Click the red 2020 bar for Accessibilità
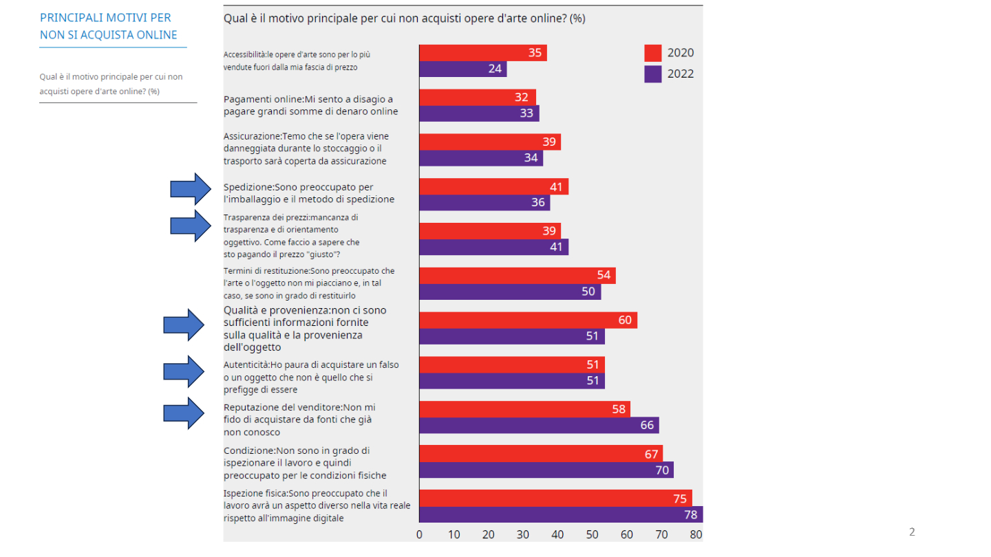point(482,53)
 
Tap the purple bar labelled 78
point(560,515)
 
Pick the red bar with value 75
point(555,499)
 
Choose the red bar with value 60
point(527,320)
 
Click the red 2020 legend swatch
point(652,53)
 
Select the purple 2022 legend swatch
point(652,74)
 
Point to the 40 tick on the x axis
point(557,534)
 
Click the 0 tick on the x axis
point(419,534)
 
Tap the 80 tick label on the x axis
point(696,534)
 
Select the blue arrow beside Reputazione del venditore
point(184,413)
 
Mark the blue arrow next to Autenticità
point(184,371)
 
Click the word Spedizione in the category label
point(248,187)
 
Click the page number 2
point(912,532)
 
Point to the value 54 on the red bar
point(604,276)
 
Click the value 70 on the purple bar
point(661,470)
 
